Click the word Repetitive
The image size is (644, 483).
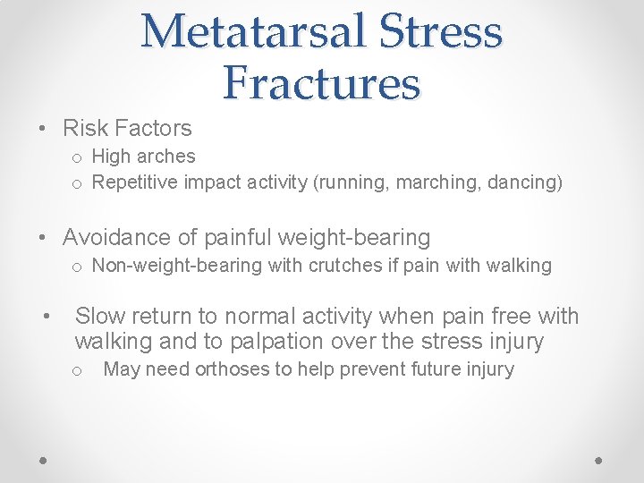135,183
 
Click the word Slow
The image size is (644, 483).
100,317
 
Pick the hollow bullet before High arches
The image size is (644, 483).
78,157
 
